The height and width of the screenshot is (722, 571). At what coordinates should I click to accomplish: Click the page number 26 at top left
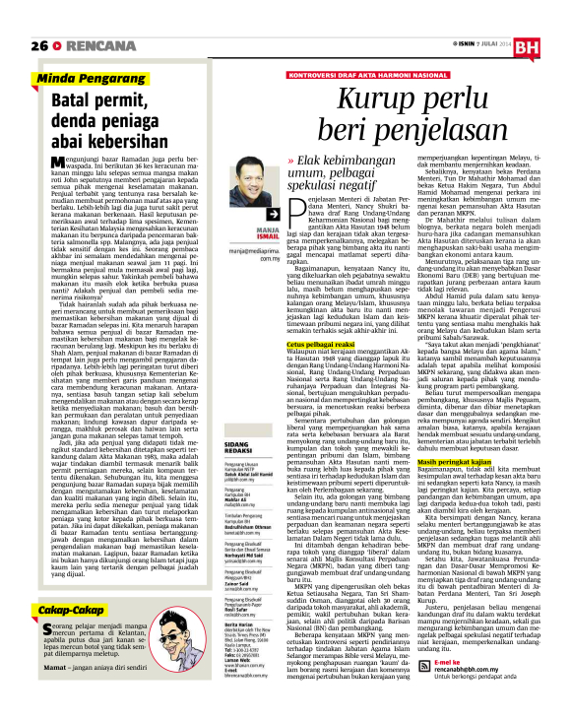coord(38,46)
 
